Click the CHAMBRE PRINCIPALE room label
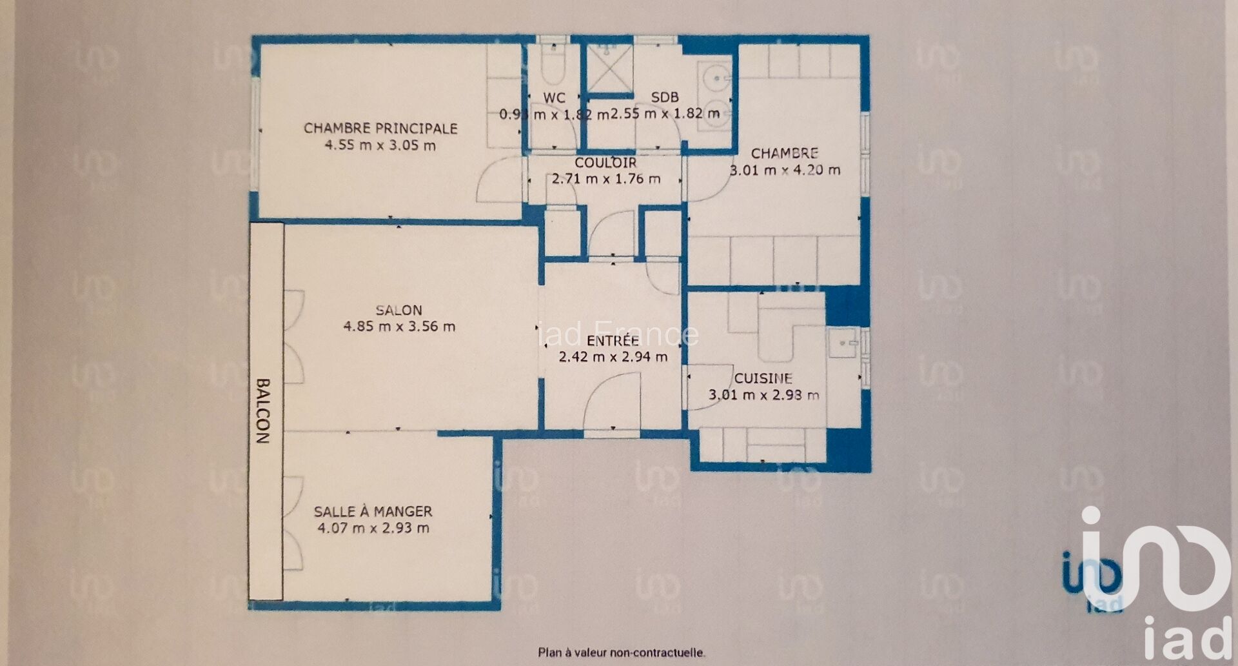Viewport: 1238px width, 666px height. [x=380, y=128]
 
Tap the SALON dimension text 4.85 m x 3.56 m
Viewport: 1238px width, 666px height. [x=399, y=327]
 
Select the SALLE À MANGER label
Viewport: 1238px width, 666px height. [x=373, y=511]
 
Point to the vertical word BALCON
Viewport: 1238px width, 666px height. [x=263, y=411]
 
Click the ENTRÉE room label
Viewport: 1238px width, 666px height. [x=613, y=340]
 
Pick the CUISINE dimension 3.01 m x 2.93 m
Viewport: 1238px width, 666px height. [x=764, y=395]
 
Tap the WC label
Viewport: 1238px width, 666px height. [x=555, y=98]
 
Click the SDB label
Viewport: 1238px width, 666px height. [x=665, y=97]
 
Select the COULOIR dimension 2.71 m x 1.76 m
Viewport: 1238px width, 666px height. [x=606, y=179]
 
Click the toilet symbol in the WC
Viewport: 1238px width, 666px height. [x=553, y=65]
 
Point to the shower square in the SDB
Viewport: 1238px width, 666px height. [x=609, y=67]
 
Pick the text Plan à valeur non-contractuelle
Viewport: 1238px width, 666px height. [x=622, y=652]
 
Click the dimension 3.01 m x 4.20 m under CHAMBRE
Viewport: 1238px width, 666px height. [x=785, y=170]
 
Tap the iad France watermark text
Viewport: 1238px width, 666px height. [x=618, y=334]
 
